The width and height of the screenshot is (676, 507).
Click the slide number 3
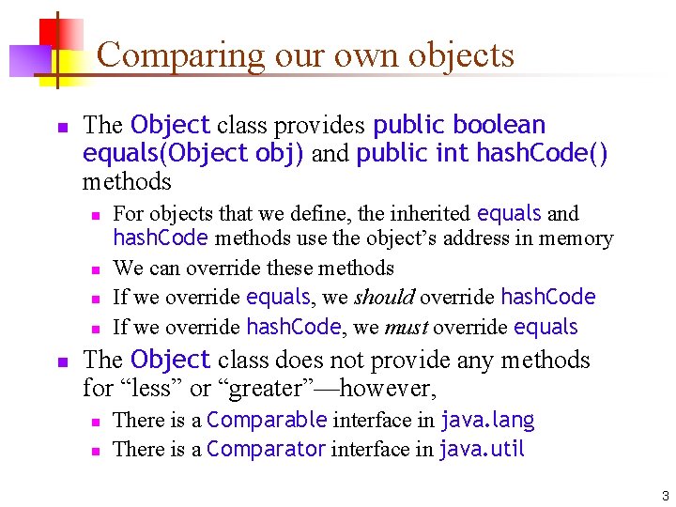tap(665, 496)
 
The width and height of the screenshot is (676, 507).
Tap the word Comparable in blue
tap(267, 420)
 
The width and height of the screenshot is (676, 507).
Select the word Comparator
tap(267, 449)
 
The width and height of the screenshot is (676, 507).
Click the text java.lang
tap(487, 420)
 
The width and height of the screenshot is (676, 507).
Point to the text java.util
tap(483, 449)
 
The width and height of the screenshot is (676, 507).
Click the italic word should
tap(384, 298)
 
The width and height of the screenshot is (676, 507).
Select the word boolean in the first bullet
tap(499, 125)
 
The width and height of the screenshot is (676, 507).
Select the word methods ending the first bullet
tap(127, 180)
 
